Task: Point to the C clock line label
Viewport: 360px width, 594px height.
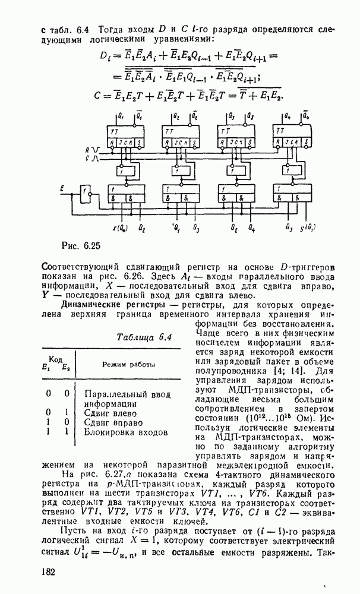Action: [x=87, y=159]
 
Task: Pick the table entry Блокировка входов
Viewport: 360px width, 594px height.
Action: [x=126, y=433]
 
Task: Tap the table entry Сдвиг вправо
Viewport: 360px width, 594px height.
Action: [x=113, y=423]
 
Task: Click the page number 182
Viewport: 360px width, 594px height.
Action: [x=48, y=571]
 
